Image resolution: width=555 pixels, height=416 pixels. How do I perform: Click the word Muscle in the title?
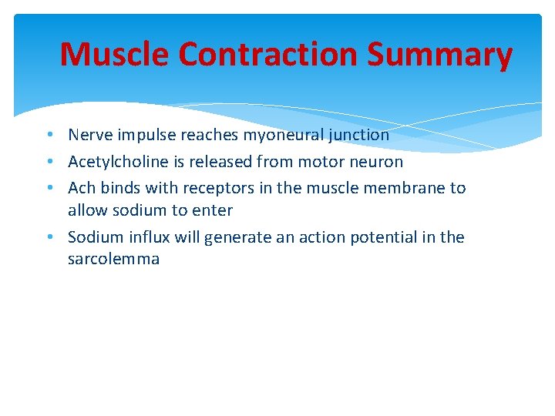pos(115,55)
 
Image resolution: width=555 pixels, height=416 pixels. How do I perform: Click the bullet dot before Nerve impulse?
pos(49,136)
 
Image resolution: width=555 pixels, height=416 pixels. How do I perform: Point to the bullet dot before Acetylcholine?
pos(49,163)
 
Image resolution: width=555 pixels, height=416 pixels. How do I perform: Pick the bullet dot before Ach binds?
pos(49,189)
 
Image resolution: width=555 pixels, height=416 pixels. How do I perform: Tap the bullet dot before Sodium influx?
pos(49,238)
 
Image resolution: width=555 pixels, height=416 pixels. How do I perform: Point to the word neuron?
pos(378,162)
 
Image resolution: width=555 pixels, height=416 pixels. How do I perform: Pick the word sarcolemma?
pos(113,259)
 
